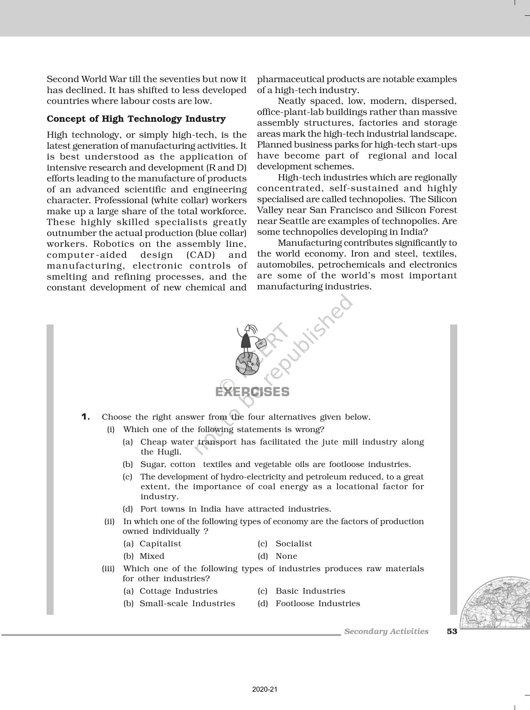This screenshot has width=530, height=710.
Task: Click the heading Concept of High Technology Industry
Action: coord(136,119)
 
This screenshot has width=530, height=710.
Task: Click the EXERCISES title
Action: coord(252,392)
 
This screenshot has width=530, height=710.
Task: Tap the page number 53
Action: coord(452,631)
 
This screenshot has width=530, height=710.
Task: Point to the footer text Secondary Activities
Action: coord(386,631)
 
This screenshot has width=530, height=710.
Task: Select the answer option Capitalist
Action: coord(160,543)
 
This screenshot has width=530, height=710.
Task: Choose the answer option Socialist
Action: coord(293,543)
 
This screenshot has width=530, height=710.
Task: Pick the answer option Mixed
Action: coord(152,556)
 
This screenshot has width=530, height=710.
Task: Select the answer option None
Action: coord(286,556)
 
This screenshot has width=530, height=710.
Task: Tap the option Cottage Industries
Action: coord(178,591)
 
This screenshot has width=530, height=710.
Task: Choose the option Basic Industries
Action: coord(310,591)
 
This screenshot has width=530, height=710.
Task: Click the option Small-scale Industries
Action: coord(187,603)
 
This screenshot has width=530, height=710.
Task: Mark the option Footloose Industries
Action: coord(318,603)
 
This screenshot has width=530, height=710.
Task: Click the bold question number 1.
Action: coord(86,417)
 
